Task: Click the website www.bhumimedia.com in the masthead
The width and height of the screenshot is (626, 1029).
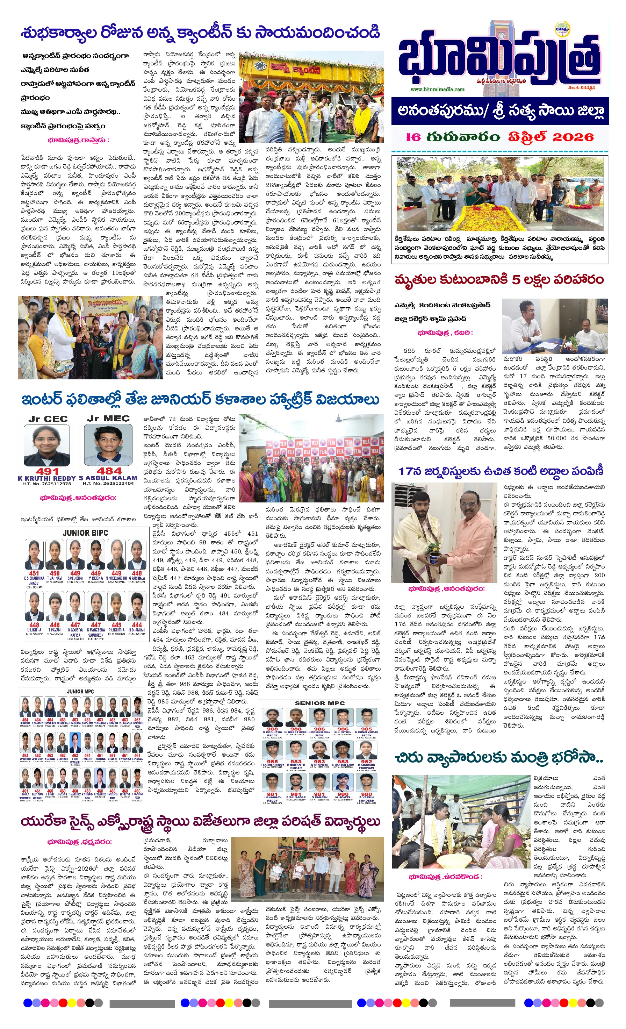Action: (437, 89)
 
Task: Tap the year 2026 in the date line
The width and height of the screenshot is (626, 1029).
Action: (573, 137)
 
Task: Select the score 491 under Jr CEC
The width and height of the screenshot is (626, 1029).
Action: (47, 471)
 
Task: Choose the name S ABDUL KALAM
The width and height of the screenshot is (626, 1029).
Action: (108, 478)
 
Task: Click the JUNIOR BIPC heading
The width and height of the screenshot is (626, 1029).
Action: (85, 533)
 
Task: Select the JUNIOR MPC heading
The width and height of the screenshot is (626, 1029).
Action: (80, 691)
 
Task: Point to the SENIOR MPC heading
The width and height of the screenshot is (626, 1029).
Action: (319, 703)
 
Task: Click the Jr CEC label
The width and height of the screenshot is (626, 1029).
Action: (48, 419)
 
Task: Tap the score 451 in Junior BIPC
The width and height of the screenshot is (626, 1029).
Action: (34, 573)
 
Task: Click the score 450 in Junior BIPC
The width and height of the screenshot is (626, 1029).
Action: (55, 573)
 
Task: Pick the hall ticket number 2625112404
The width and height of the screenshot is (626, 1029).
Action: (108, 484)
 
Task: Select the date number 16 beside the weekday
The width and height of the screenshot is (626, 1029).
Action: (413, 137)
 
